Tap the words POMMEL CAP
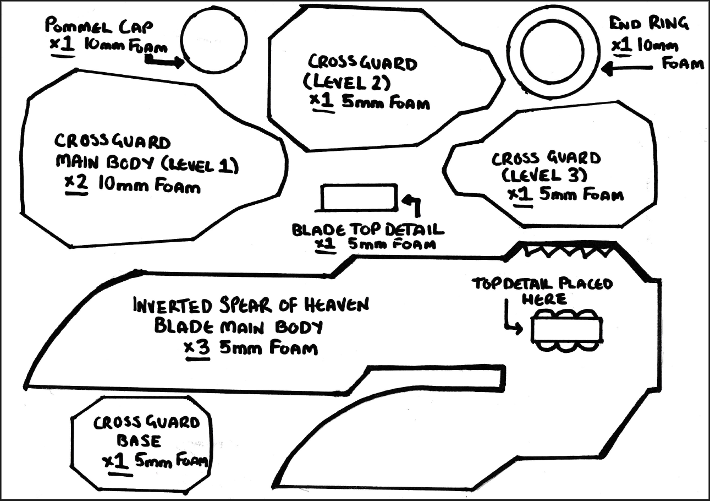pos(99,26)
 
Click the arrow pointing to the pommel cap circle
pos(164,62)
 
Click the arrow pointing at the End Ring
pos(627,68)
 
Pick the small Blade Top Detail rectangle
pos(359,197)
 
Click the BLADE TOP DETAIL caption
pos(368,229)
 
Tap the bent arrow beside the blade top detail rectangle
pos(412,204)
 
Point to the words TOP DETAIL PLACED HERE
pos(542,290)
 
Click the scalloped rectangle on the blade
pos(566,330)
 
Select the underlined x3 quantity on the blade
pos(197,348)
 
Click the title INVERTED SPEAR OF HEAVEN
pos(250,306)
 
